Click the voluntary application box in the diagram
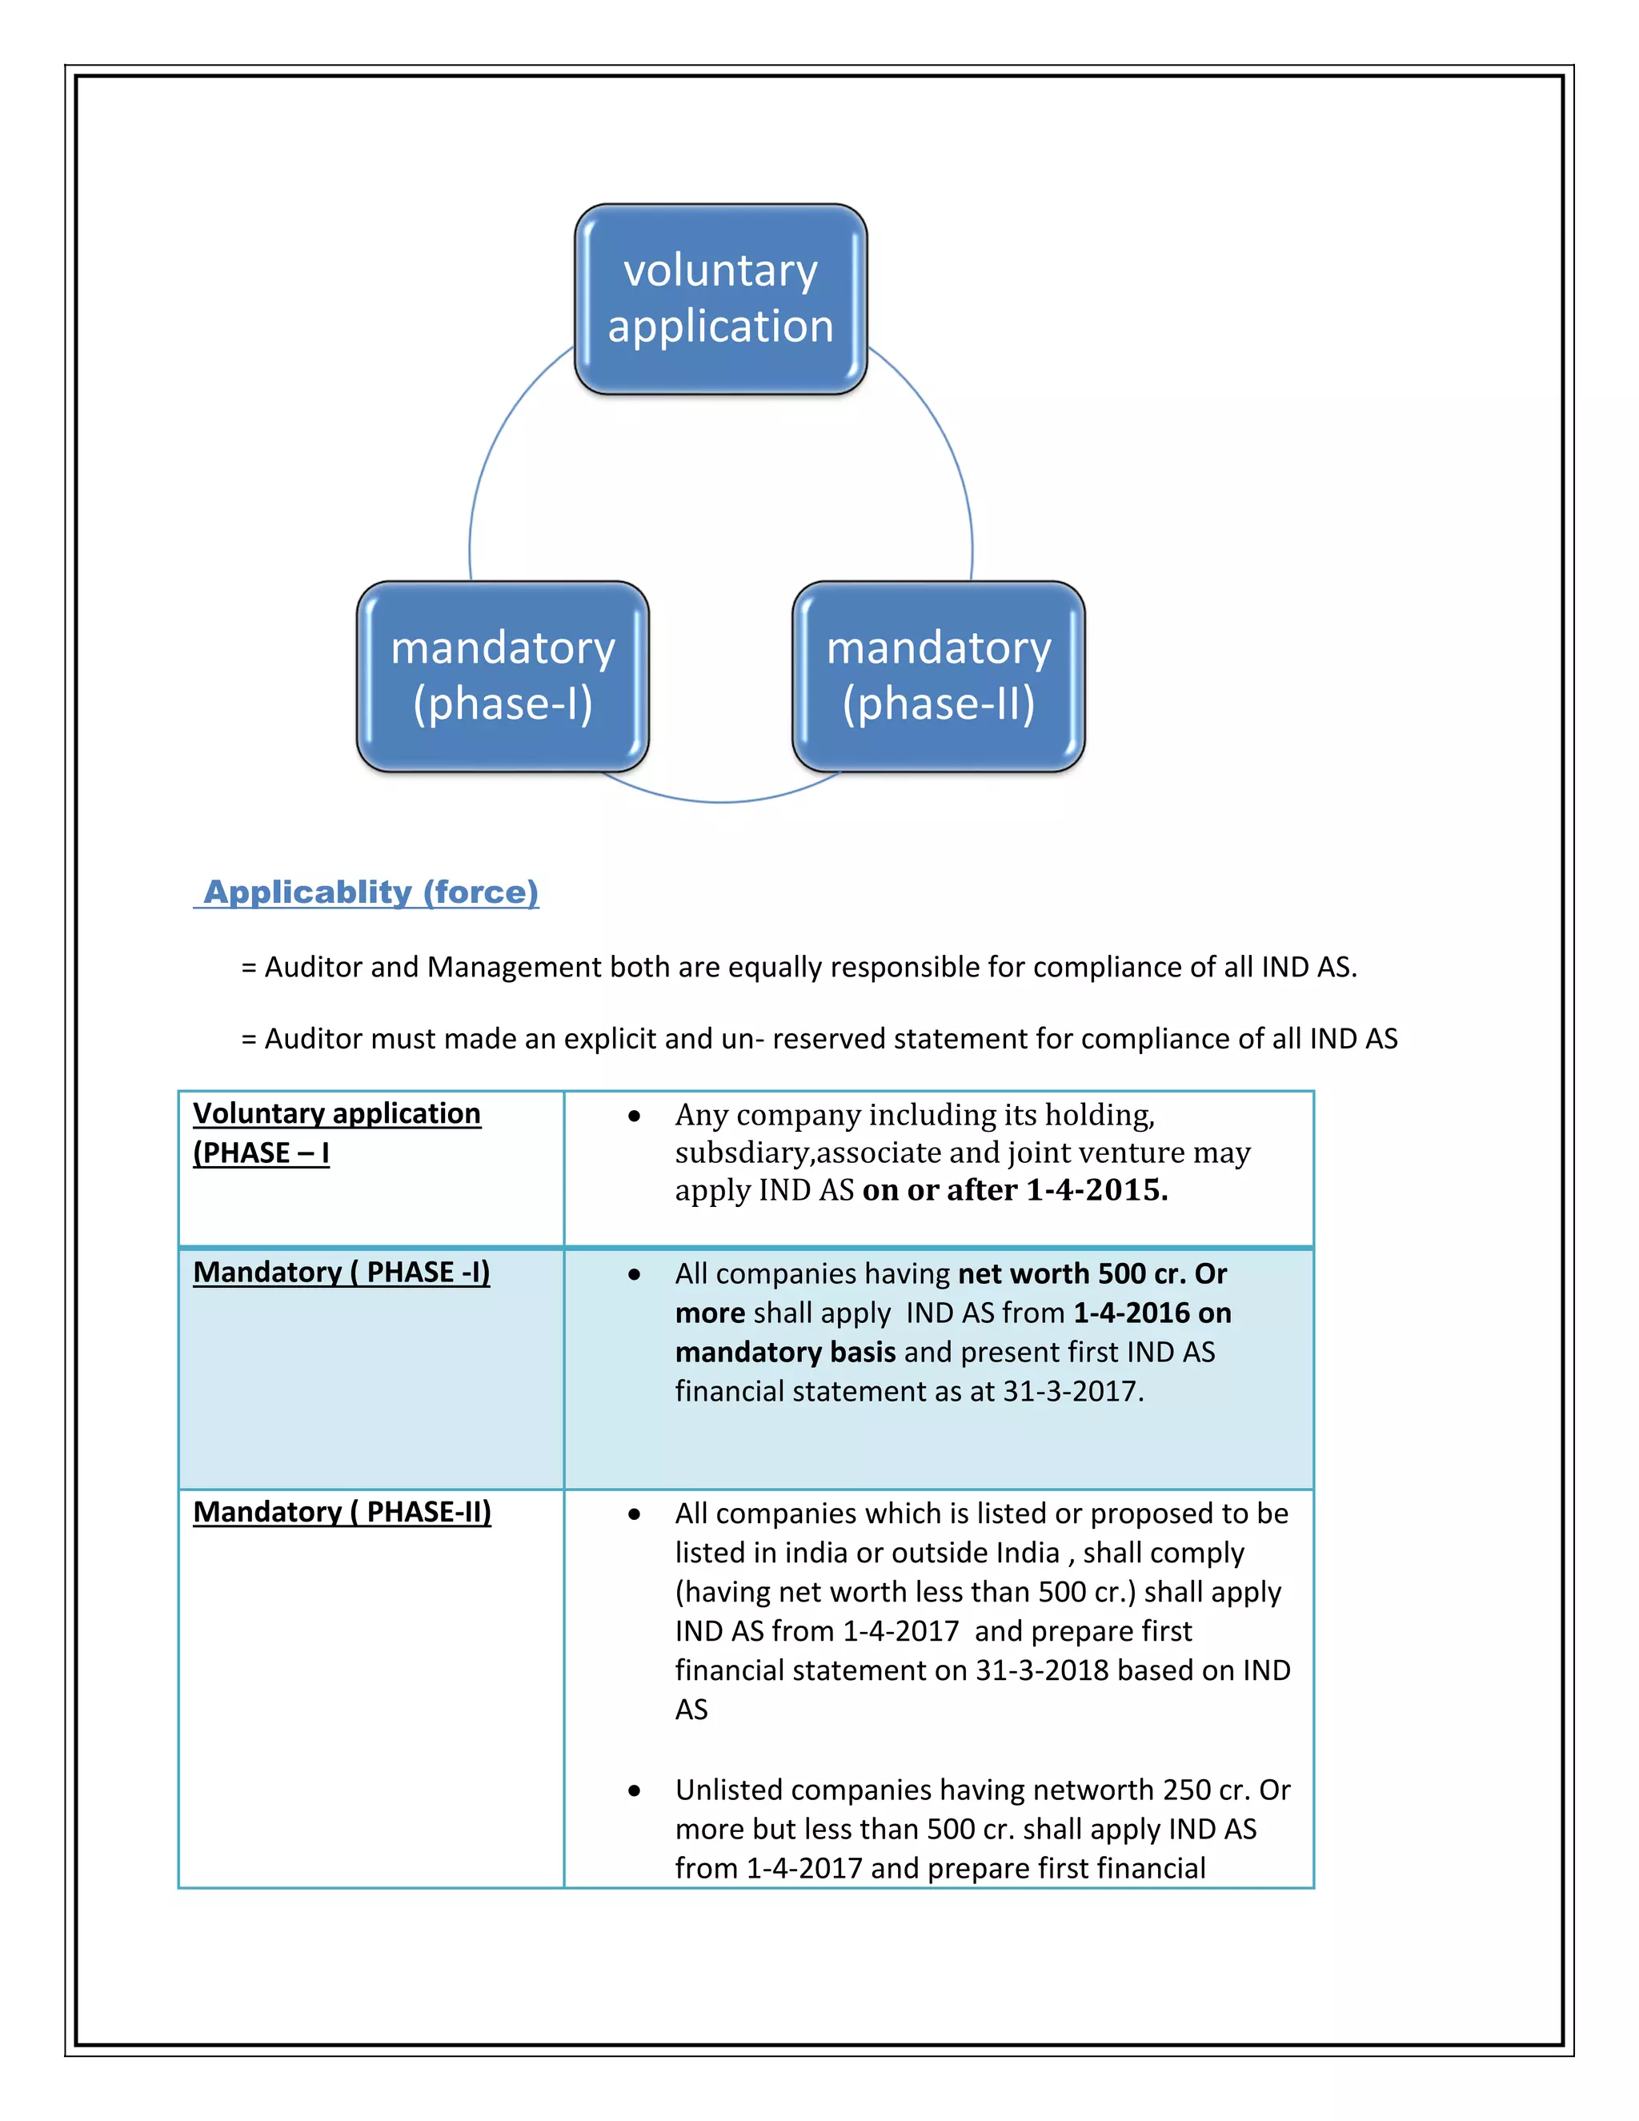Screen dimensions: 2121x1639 point(720,299)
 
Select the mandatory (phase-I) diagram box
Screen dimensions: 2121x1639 point(503,676)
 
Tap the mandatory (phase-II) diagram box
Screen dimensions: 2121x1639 point(938,676)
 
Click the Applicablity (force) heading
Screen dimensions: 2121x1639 point(370,892)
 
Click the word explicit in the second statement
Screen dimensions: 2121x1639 point(611,1039)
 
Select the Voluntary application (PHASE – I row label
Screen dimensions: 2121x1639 point(336,1133)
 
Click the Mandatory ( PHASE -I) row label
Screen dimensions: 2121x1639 point(341,1273)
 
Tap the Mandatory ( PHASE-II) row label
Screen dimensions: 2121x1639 point(342,1512)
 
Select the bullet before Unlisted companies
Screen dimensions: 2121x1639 point(634,1790)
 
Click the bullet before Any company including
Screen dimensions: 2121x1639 point(634,1116)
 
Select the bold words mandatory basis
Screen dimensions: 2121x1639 point(784,1352)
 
